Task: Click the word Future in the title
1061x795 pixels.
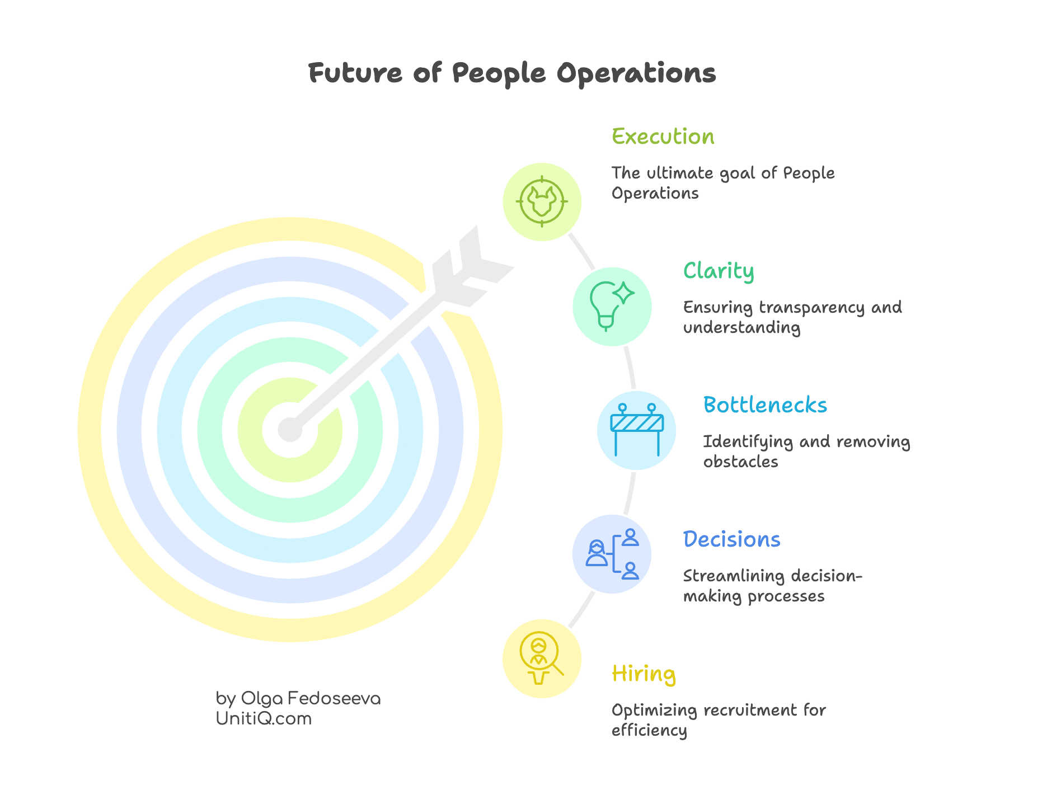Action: pyautogui.click(x=355, y=73)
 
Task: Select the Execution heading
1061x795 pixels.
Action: pyautogui.click(x=663, y=137)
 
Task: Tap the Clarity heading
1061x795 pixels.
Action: pyautogui.click(x=718, y=271)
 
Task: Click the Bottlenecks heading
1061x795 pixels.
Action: pyautogui.click(x=764, y=405)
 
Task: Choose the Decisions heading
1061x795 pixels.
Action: pyautogui.click(x=731, y=539)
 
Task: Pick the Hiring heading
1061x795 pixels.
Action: pyautogui.click(x=643, y=674)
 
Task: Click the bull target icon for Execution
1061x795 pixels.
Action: pyautogui.click(x=542, y=201)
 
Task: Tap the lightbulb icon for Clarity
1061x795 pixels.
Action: pyautogui.click(x=612, y=306)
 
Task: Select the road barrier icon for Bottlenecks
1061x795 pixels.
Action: pyautogui.click(x=637, y=430)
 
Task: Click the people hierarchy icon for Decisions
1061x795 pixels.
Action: pyautogui.click(x=612, y=553)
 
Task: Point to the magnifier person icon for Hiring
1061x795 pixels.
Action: pyautogui.click(x=541, y=658)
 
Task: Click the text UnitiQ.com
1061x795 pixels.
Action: pyautogui.click(x=264, y=718)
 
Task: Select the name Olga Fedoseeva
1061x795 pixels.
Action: pyautogui.click(x=311, y=698)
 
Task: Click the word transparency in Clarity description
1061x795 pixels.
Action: pyautogui.click(x=812, y=307)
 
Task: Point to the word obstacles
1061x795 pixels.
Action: pyautogui.click(x=740, y=462)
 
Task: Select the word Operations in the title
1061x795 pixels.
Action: pyautogui.click(x=636, y=73)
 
